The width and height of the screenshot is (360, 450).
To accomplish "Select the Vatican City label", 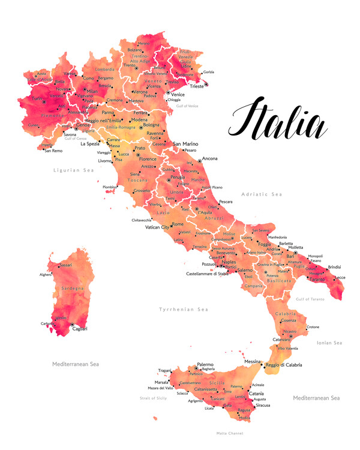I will [157, 227].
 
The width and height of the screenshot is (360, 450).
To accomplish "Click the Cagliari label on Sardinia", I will [80, 328].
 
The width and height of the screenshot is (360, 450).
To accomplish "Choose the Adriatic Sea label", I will [261, 194].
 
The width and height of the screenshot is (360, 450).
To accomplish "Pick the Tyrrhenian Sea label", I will [183, 309].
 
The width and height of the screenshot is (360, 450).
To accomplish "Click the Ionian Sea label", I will [329, 343].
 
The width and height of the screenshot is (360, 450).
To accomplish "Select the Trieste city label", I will [196, 86].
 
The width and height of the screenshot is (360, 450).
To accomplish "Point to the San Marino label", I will [185, 144].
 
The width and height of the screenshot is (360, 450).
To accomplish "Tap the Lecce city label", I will [340, 277].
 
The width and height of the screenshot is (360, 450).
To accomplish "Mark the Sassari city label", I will [65, 265].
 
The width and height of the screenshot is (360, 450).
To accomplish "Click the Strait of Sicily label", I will [154, 398].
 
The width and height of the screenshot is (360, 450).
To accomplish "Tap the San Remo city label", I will [53, 151].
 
